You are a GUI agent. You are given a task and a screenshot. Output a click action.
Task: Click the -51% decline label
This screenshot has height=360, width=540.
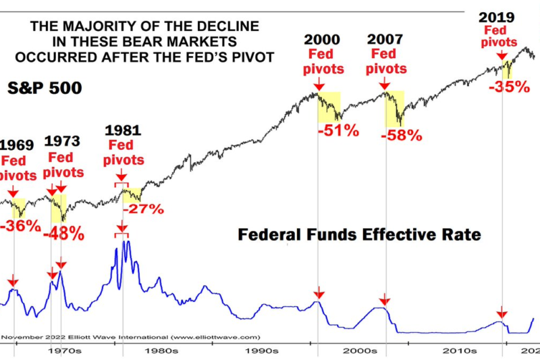point(339,130)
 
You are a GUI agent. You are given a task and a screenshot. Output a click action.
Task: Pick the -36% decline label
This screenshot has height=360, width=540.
point(20,226)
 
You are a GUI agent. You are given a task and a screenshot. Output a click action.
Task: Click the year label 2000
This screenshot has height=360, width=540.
point(322,39)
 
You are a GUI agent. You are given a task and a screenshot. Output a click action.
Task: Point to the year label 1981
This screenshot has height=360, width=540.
point(124,128)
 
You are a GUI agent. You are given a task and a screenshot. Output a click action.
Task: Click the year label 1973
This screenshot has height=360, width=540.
point(62,141)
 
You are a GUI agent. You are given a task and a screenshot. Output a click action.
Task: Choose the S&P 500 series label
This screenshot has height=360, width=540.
point(45,88)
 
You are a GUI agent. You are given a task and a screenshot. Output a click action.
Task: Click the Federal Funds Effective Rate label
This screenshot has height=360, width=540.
point(358,235)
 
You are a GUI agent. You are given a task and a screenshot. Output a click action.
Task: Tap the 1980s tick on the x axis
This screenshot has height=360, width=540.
point(162,351)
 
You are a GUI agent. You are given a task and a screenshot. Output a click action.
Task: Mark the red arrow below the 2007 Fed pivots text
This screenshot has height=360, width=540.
point(384,84)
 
